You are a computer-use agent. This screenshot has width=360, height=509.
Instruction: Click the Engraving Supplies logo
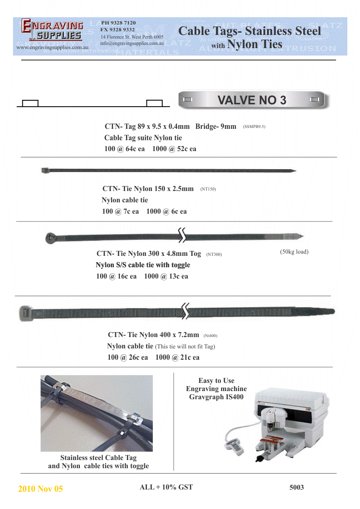pos(52,31)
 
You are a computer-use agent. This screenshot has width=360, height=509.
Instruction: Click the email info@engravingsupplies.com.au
pos(132,43)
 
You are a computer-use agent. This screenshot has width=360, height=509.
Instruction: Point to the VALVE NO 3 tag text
pos(252,100)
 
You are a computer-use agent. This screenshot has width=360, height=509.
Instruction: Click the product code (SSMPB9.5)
pos(254,127)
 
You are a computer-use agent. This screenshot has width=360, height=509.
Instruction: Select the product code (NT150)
pos(208,189)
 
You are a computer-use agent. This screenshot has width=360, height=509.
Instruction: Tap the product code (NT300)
pos(214,254)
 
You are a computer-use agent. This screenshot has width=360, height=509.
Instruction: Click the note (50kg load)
pos(294,252)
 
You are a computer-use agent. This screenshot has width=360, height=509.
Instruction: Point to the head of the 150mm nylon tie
pos(44,171)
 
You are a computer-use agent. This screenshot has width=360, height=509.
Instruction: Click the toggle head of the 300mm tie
pos(50,237)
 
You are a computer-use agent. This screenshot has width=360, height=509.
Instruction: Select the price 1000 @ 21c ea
pos(177,357)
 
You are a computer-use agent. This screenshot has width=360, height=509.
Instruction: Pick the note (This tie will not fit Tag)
pos(185,347)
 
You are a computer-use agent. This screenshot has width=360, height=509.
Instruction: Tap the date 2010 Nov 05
pos(40,489)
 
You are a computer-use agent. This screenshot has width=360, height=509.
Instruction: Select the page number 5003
pos(297,488)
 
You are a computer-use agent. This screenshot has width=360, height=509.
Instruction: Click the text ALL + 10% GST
pos(166,487)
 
